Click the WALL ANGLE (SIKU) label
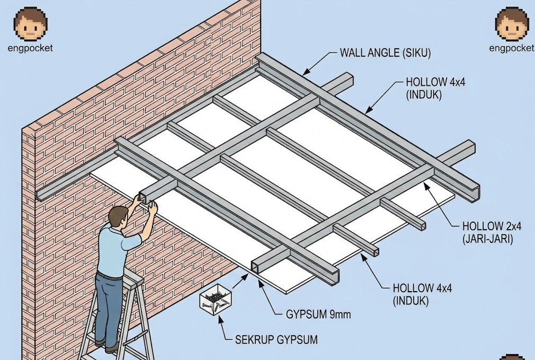tap(385, 53)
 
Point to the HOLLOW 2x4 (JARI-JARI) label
tap(492, 232)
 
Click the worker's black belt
tap(110, 275)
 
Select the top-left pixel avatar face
tap(30, 24)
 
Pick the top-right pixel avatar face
tap(512, 24)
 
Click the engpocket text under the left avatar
tap(30, 48)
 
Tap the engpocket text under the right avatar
tap(512, 48)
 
